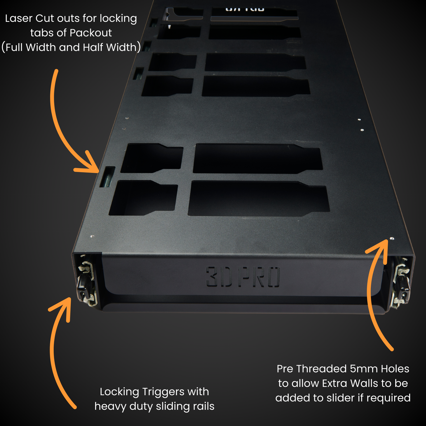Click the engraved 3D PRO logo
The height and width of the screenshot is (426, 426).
[243, 277]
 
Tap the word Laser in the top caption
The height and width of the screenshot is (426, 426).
[19, 18]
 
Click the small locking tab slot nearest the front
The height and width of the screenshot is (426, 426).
[107, 177]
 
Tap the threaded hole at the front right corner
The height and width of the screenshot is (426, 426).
[392, 238]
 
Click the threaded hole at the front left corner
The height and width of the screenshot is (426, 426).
[92, 236]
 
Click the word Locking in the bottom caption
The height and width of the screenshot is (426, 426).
[119, 392]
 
